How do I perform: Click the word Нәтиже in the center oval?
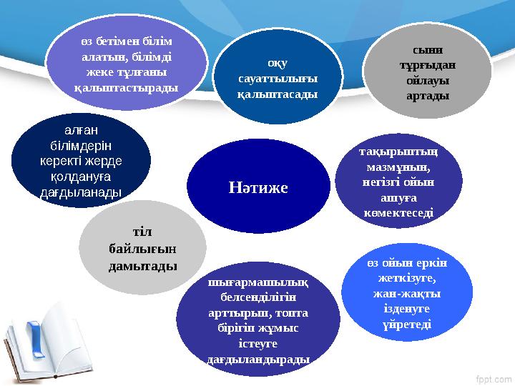(258, 188)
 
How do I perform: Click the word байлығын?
(142, 249)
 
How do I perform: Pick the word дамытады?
(142, 265)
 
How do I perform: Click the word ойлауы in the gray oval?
(428, 79)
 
